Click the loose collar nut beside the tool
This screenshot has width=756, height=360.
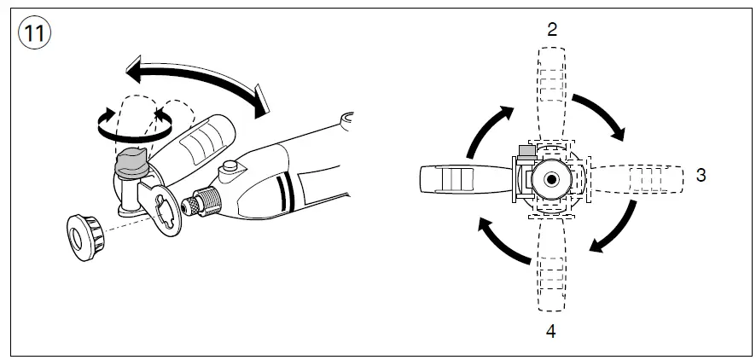pos(86,235)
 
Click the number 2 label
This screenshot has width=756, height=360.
pos(551,29)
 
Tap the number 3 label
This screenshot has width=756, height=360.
pos(701,175)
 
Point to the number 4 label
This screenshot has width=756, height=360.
pos(551,331)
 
